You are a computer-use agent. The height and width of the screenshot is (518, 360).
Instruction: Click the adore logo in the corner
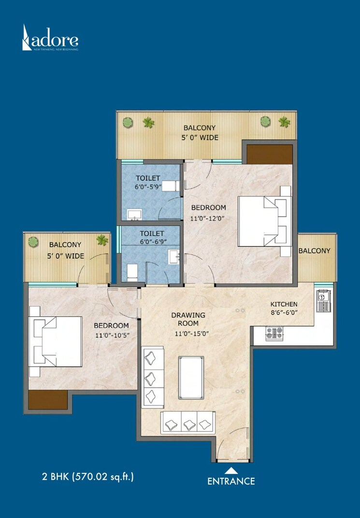[50, 38]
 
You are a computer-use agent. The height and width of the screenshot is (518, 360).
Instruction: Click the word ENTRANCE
[231, 481]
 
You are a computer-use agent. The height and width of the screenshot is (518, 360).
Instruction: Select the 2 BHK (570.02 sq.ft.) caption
[87, 476]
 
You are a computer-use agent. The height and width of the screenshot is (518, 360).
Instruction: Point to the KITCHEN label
[284, 304]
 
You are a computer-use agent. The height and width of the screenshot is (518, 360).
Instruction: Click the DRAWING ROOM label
[188, 320]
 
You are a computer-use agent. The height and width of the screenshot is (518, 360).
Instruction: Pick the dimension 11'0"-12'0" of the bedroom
[208, 218]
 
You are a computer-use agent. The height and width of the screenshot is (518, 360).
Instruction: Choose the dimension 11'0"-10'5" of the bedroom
[111, 335]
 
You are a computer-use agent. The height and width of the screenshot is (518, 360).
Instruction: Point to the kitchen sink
[322, 300]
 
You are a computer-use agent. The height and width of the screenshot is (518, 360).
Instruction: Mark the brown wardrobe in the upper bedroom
[270, 154]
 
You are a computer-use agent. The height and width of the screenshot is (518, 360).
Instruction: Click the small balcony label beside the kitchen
[314, 251]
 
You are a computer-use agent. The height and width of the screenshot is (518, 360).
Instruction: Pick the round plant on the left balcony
[33, 240]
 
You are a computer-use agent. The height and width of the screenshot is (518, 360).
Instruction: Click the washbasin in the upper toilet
[133, 213]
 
